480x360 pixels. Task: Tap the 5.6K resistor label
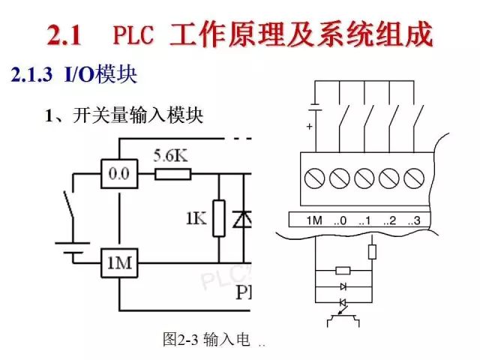(170, 156)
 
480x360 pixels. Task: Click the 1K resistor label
(196, 219)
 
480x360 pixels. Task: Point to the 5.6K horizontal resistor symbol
(173, 174)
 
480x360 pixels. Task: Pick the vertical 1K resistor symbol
(218, 218)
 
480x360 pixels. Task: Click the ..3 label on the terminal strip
(413, 221)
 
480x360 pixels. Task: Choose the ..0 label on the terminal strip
(340, 221)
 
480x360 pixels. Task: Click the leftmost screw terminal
(316, 179)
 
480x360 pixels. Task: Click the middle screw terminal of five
(364, 179)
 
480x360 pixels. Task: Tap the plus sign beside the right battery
(309, 127)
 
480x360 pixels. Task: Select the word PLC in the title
(135, 34)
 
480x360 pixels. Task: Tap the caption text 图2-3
(181, 340)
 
